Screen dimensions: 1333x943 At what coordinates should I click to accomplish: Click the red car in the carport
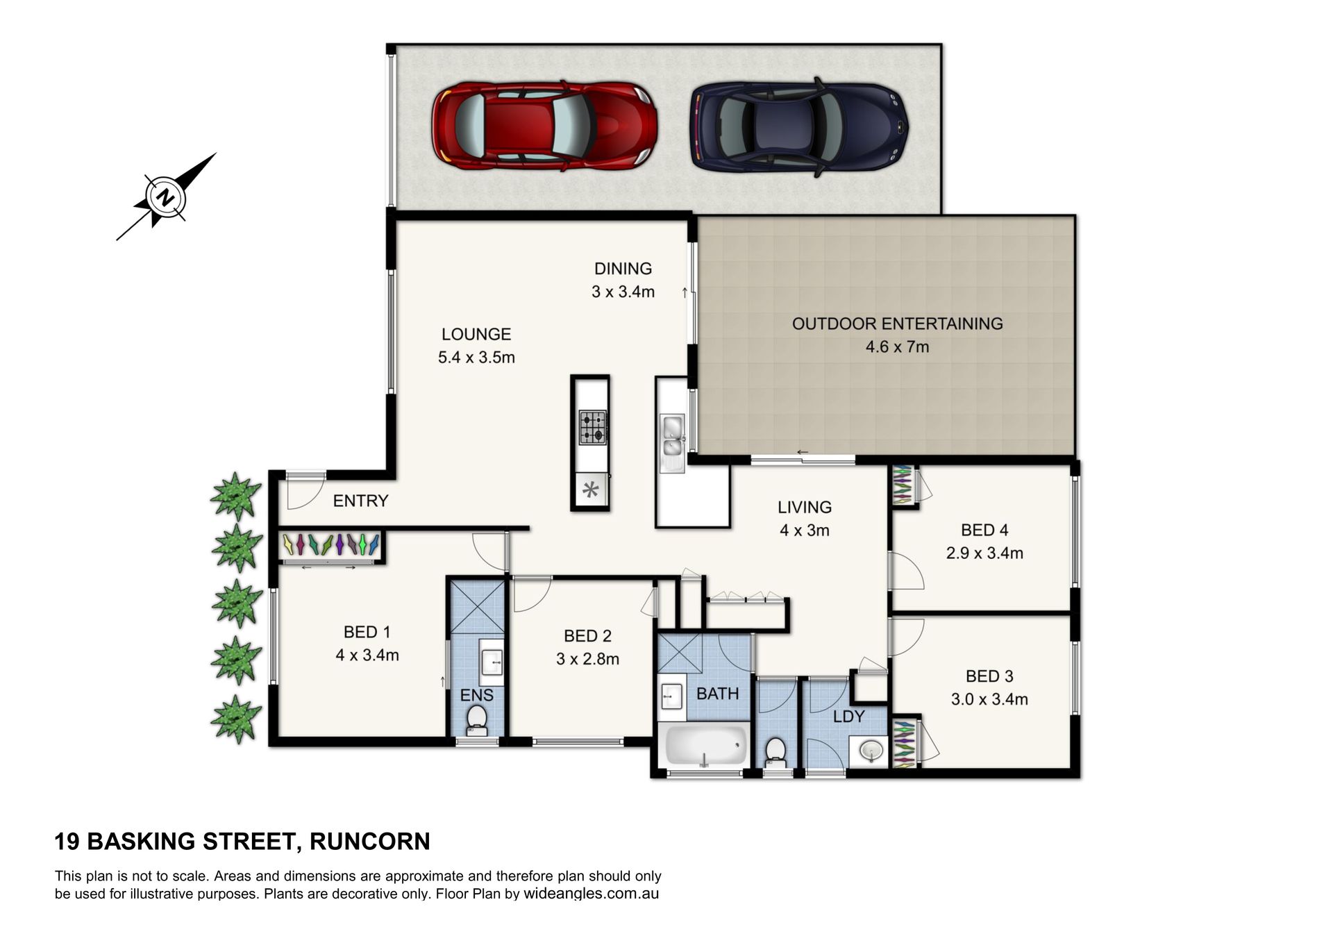click(544, 128)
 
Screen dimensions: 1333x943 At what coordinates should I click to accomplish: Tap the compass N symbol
click(165, 197)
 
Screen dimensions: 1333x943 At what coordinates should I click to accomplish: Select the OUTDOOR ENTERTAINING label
click(898, 324)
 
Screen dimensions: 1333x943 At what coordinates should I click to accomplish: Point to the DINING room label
click(623, 268)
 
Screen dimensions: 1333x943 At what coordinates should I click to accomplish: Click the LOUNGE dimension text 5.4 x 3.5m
click(476, 358)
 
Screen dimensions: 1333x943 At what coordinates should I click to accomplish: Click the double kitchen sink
click(672, 437)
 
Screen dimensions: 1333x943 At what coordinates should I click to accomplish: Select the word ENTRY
click(360, 501)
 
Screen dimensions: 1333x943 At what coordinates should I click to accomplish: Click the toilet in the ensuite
click(476, 719)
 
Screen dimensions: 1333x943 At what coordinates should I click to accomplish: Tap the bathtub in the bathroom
click(705, 746)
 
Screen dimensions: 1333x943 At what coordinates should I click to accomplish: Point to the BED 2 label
click(587, 635)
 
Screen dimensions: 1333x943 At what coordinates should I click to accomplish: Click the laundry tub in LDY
click(869, 751)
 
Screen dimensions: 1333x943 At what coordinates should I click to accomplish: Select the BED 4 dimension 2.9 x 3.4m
click(984, 553)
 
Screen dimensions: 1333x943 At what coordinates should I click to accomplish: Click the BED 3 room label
click(989, 676)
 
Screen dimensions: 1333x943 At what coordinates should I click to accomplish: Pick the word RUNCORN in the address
click(370, 842)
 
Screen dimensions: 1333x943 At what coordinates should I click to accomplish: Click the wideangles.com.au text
click(591, 894)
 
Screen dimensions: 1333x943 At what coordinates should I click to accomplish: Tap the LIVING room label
click(805, 507)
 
